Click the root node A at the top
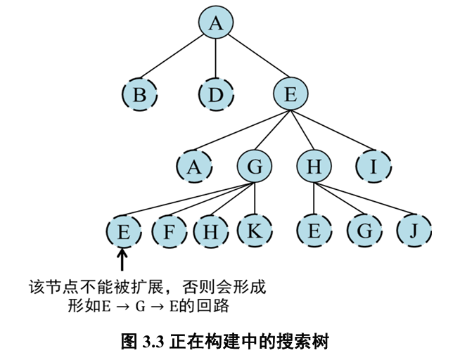[x=216, y=24]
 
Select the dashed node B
[x=139, y=94]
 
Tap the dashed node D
[x=216, y=94]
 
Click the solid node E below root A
[x=290, y=94]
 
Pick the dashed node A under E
[x=195, y=167]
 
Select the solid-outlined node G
[x=255, y=167]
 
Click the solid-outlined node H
[x=314, y=167]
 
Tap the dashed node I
[x=373, y=167]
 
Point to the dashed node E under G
[x=123, y=231]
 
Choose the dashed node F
[x=168, y=231]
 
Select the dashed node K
[x=255, y=231]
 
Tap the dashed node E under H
[x=314, y=231]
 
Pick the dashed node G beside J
[x=364, y=231]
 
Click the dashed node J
[x=414, y=231]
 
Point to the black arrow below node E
[x=123, y=260]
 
